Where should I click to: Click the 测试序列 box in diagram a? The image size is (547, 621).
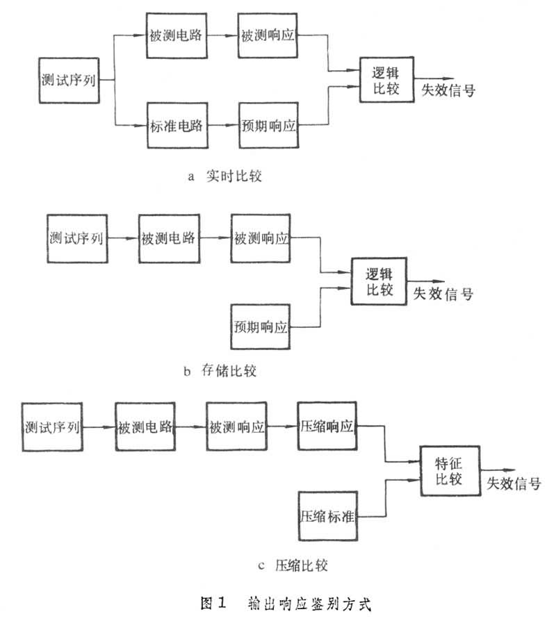click(x=67, y=80)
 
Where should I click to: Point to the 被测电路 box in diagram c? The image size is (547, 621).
click(x=144, y=426)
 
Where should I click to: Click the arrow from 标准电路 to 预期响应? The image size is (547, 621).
click(x=223, y=126)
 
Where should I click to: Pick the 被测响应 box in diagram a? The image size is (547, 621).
click(x=268, y=35)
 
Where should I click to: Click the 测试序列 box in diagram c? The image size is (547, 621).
click(x=52, y=426)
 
